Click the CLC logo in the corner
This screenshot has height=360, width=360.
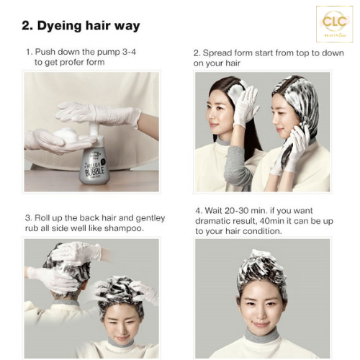(335, 24)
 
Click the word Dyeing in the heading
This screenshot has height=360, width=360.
(59, 26)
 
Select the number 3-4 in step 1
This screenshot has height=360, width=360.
(129, 52)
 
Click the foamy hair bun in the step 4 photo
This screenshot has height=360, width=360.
(262, 271)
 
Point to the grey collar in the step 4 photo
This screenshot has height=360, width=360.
(262, 334)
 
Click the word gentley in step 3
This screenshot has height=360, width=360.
(150, 218)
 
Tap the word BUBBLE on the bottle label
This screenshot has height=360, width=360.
(95, 171)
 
